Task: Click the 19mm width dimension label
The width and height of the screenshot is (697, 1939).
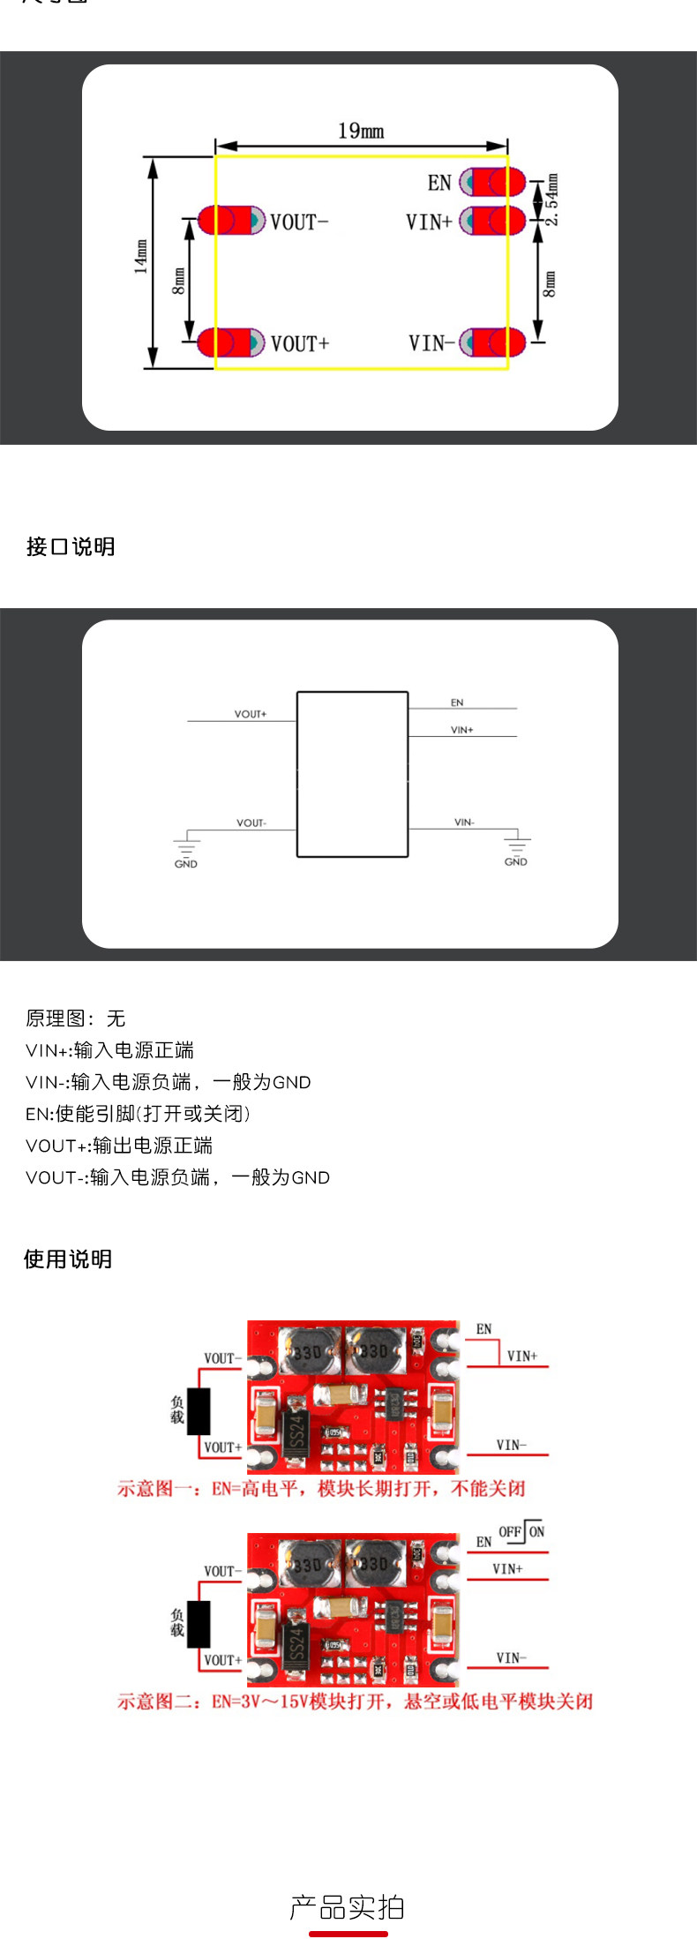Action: [361, 131]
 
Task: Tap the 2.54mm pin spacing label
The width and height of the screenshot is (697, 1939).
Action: [551, 199]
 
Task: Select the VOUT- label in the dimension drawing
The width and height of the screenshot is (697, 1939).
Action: [299, 222]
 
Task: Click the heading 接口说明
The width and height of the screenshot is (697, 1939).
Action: [71, 546]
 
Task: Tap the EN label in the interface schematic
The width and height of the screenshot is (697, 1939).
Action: [457, 703]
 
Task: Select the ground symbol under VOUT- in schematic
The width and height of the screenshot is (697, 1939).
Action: [186, 846]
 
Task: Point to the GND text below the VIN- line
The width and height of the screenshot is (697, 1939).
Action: [516, 861]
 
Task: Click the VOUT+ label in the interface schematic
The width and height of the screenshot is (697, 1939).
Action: [251, 714]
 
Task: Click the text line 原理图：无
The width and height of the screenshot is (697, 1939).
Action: [76, 1018]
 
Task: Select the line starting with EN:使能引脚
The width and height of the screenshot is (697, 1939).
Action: [139, 1114]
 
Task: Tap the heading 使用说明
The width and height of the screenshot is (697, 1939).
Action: [68, 1259]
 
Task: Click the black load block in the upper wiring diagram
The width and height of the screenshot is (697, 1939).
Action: [199, 1411]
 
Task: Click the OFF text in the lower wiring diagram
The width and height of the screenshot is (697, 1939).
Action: [510, 1531]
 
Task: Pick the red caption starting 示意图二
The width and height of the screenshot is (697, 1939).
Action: [355, 1701]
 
